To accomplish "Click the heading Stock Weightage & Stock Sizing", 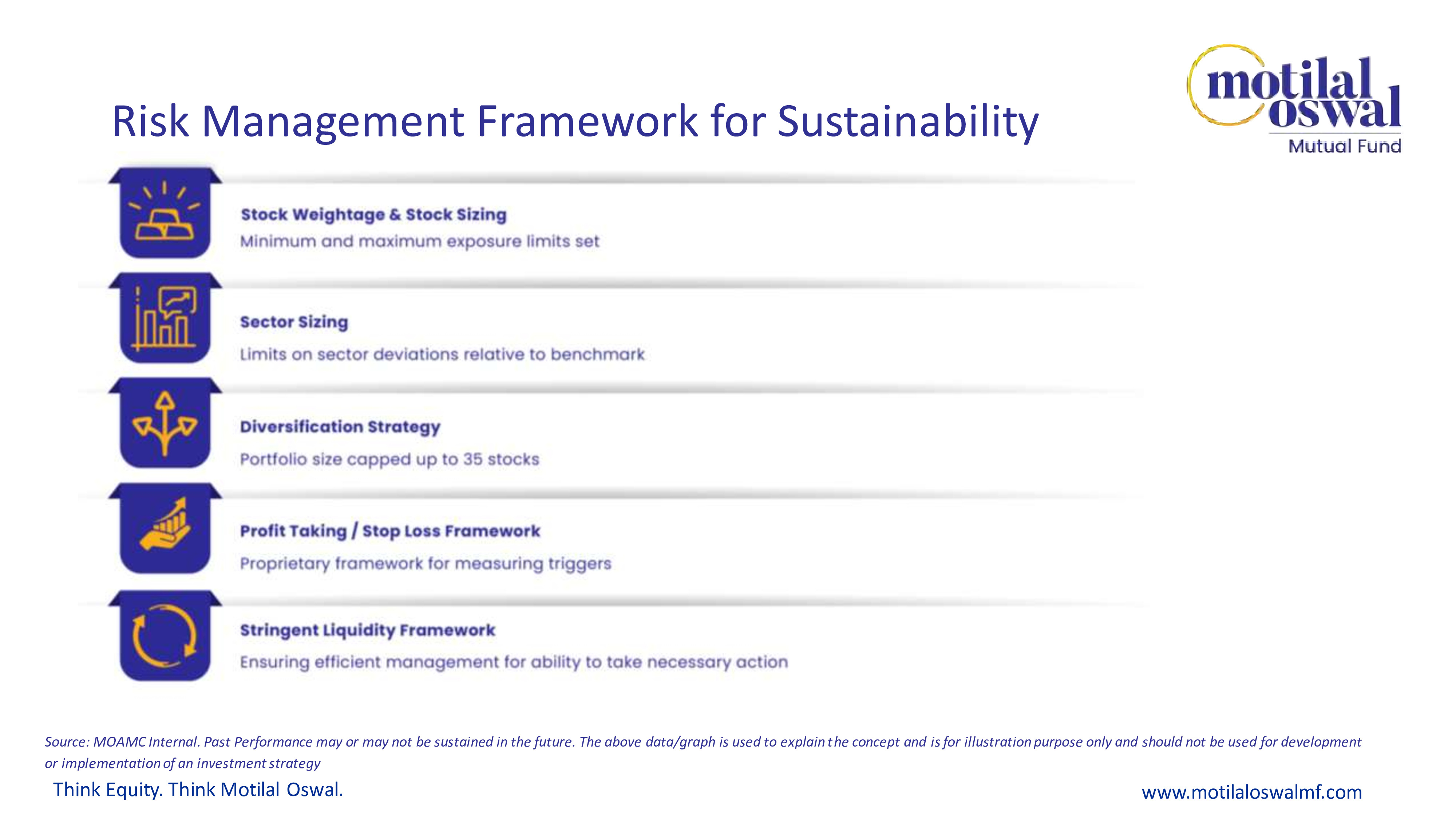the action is click(373, 215).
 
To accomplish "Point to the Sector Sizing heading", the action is click(294, 322).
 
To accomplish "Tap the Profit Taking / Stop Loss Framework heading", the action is click(390, 531).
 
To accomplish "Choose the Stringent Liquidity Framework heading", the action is click(367, 630).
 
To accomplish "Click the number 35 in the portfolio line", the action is click(472, 459).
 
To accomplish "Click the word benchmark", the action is click(597, 355).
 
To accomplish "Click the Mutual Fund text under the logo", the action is click(1345, 146).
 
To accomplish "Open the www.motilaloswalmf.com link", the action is click(1252, 792).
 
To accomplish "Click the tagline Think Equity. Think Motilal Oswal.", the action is click(198, 790).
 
